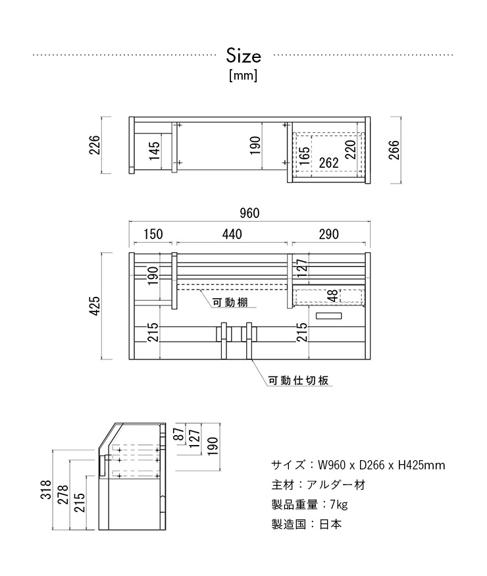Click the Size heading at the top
click(x=244, y=55)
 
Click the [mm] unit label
click(x=243, y=76)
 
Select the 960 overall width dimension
click(x=249, y=213)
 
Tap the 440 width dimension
click(x=232, y=234)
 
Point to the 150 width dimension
click(x=153, y=234)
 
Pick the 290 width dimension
click(x=328, y=234)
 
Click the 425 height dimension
click(x=94, y=306)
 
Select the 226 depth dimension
click(x=94, y=145)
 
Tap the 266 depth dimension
click(x=394, y=149)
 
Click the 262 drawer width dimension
click(x=328, y=163)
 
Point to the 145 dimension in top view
click(x=154, y=151)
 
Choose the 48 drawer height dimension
click(x=334, y=296)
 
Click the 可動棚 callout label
click(x=230, y=302)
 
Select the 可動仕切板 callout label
click(x=298, y=380)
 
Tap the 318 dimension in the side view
click(x=46, y=489)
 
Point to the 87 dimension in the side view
click(x=179, y=434)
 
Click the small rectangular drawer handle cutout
click(x=328, y=315)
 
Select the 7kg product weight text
click(x=339, y=504)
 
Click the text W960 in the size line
click(x=331, y=465)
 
